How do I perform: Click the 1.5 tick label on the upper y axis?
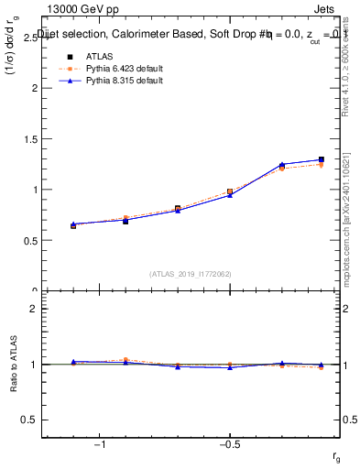[x=30, y=139]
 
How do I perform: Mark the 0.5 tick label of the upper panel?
[x=30, y=241]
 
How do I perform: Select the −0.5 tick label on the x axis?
[x=227, y=444]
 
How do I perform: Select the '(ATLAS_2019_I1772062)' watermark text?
[x=191, y=273]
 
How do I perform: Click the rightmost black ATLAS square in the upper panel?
[x=321, y=159]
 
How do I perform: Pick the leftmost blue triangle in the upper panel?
[x=73, y=224]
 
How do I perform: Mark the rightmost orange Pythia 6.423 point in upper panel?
[x=321, y=165]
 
